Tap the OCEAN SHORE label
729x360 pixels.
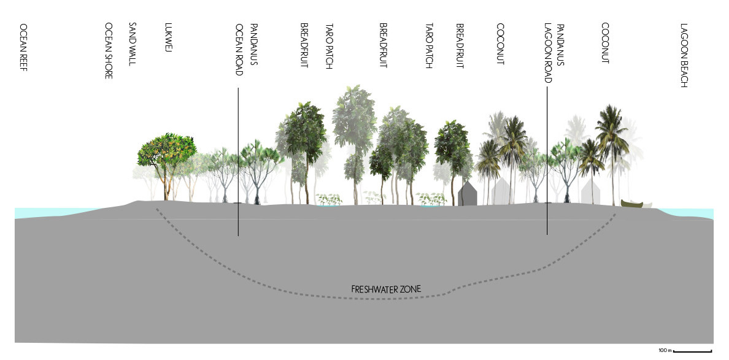point(109,51)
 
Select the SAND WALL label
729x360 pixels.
point(131,44)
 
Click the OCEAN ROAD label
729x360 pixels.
point(239,50)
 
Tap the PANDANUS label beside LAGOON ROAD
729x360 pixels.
point(561,45)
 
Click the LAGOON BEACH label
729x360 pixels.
point(684,55)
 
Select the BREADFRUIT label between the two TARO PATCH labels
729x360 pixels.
point(384,46)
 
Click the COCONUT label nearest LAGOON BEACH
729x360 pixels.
point(605,43)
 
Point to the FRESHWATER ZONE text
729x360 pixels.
point(386,289)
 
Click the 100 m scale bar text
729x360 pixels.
point(665,350)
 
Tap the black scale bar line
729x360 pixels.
point(693,351)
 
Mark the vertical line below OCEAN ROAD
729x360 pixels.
point(238,162)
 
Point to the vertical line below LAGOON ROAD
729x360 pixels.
point(547,161)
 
